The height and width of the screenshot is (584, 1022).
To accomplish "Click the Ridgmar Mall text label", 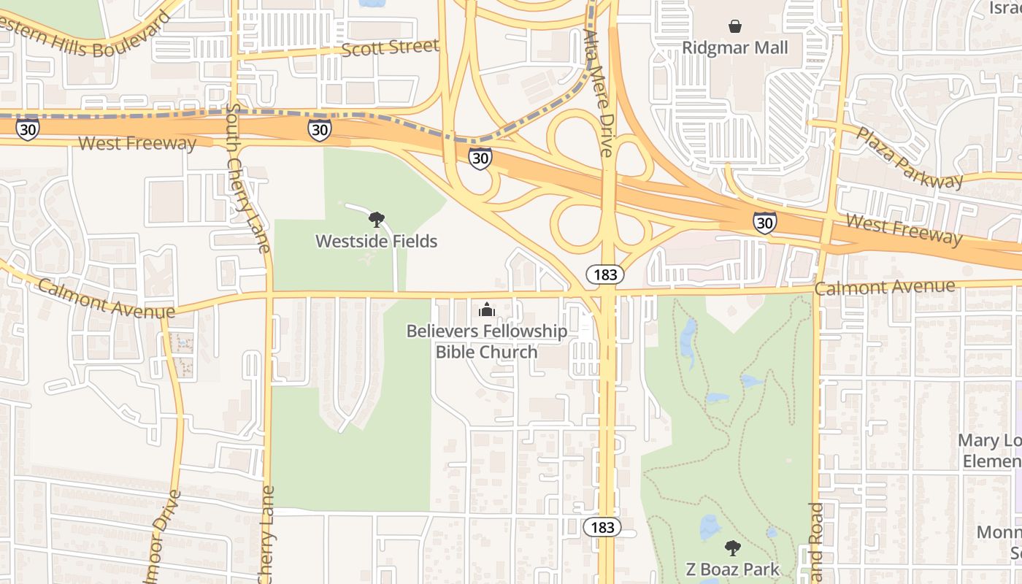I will [735, 48].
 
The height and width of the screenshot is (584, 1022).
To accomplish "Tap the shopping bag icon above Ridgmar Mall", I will [735, 26].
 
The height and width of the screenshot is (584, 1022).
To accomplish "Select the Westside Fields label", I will [376, 241].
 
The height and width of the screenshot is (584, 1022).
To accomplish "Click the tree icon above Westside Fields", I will [377, 219].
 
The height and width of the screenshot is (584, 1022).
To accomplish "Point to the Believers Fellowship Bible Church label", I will [486, 341].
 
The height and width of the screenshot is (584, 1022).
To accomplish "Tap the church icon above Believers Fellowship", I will [487, 310].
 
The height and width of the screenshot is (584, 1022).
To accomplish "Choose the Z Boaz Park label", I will [732, 569].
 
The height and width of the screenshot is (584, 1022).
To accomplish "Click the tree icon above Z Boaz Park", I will [732, 547].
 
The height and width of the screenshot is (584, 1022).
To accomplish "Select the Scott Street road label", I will [391, 48].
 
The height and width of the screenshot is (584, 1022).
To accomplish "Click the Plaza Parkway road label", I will [909, 158].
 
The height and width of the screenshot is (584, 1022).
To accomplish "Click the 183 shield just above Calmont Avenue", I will [605, 275].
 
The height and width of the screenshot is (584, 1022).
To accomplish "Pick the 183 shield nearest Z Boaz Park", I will [602, 527].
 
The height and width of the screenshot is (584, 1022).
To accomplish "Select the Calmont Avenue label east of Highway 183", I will [884, 287].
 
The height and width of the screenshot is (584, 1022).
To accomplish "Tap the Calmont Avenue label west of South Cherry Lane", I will [107, 299].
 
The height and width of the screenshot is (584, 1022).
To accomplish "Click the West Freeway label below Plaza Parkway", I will [904, 228].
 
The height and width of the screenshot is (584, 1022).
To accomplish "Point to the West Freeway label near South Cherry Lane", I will [137, 143].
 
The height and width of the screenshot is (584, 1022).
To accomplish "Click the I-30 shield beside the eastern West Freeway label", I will [764, 222].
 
